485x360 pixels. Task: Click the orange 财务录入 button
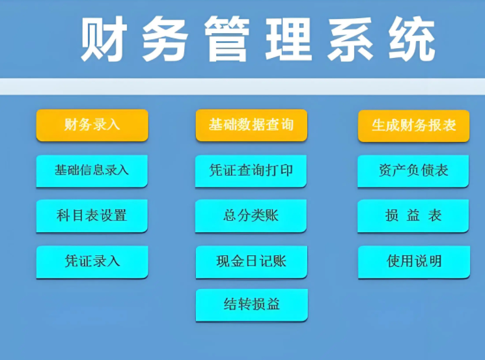click(92, 125)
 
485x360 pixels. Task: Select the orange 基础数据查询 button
click(251, 125)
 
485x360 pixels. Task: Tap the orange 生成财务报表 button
click(413, 126)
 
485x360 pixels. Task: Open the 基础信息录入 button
click(92, 171)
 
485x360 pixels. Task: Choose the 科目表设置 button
click(92, 215)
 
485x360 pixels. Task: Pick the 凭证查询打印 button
click(251, 171)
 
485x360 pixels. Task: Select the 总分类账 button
click(251, 215)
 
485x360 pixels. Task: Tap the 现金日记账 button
click(251, 262)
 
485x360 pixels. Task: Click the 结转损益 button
click(251, 305)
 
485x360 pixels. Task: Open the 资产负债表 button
click(413, 171)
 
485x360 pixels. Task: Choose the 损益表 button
click(413, 215)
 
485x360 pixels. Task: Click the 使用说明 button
click(414, 262)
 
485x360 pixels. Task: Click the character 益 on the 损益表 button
click(413, 215)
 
